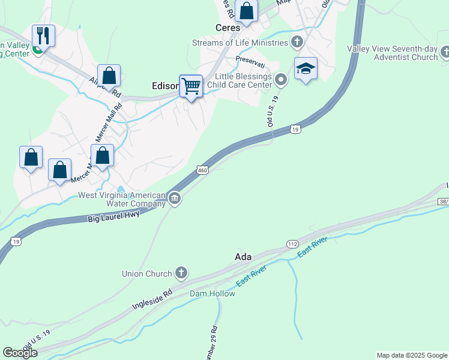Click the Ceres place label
(x=228, y=28)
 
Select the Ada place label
(x=243, y=257)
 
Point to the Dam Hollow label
(x=212, y=293)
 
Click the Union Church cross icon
(x=181, y=274)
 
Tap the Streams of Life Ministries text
(x=240, y=43)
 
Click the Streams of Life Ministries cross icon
(x=297, y=42)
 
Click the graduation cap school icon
(x=306, y=68)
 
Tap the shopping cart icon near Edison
(x=191, y=86)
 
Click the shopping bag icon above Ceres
(x=246, y=10)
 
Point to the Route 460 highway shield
(x=203, y=172)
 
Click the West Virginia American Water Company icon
(x=175, y=199)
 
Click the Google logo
(x=20, y=353)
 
